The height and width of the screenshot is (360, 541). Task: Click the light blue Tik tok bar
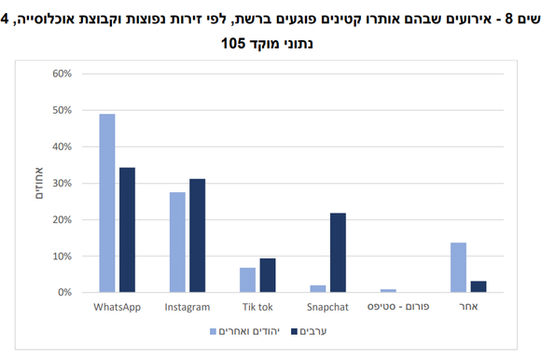point(247,280)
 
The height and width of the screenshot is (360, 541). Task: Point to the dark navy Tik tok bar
point(267,275)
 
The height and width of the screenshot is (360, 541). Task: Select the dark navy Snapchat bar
point(337,253)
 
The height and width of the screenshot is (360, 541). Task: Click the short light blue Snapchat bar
point(317,288)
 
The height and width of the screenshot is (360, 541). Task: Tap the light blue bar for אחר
point(458,268)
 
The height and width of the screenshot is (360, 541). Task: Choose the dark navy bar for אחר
point(478,286)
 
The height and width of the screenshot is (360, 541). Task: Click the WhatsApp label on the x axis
point(118,307)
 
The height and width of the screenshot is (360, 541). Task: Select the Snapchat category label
point(327,307)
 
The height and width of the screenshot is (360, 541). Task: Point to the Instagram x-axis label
point(187,307)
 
